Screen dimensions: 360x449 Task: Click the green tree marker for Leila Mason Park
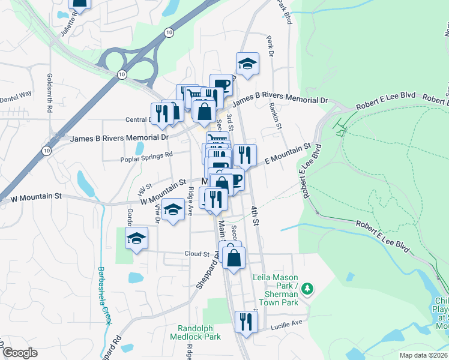click(x=307, y=289)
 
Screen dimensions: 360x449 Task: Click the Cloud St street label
click(x=196, y=254)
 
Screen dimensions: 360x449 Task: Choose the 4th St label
click(x=255, y=215)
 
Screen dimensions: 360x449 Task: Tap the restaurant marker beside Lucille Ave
click(x=246, y=322)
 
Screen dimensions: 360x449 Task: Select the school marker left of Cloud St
click(x=137, y=239)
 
